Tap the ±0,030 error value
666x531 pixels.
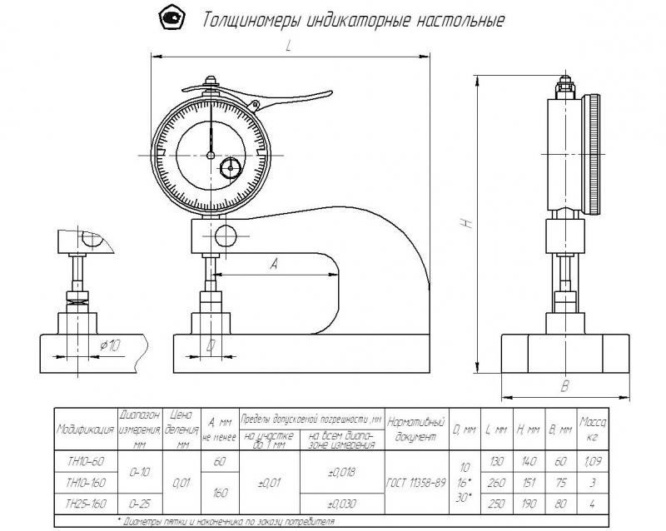click(341, 503)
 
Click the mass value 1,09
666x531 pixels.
click(594, 459)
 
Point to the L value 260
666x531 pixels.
click(499, 482)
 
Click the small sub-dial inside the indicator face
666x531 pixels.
click(230, 169)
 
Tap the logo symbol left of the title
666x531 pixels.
click(171, 17)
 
